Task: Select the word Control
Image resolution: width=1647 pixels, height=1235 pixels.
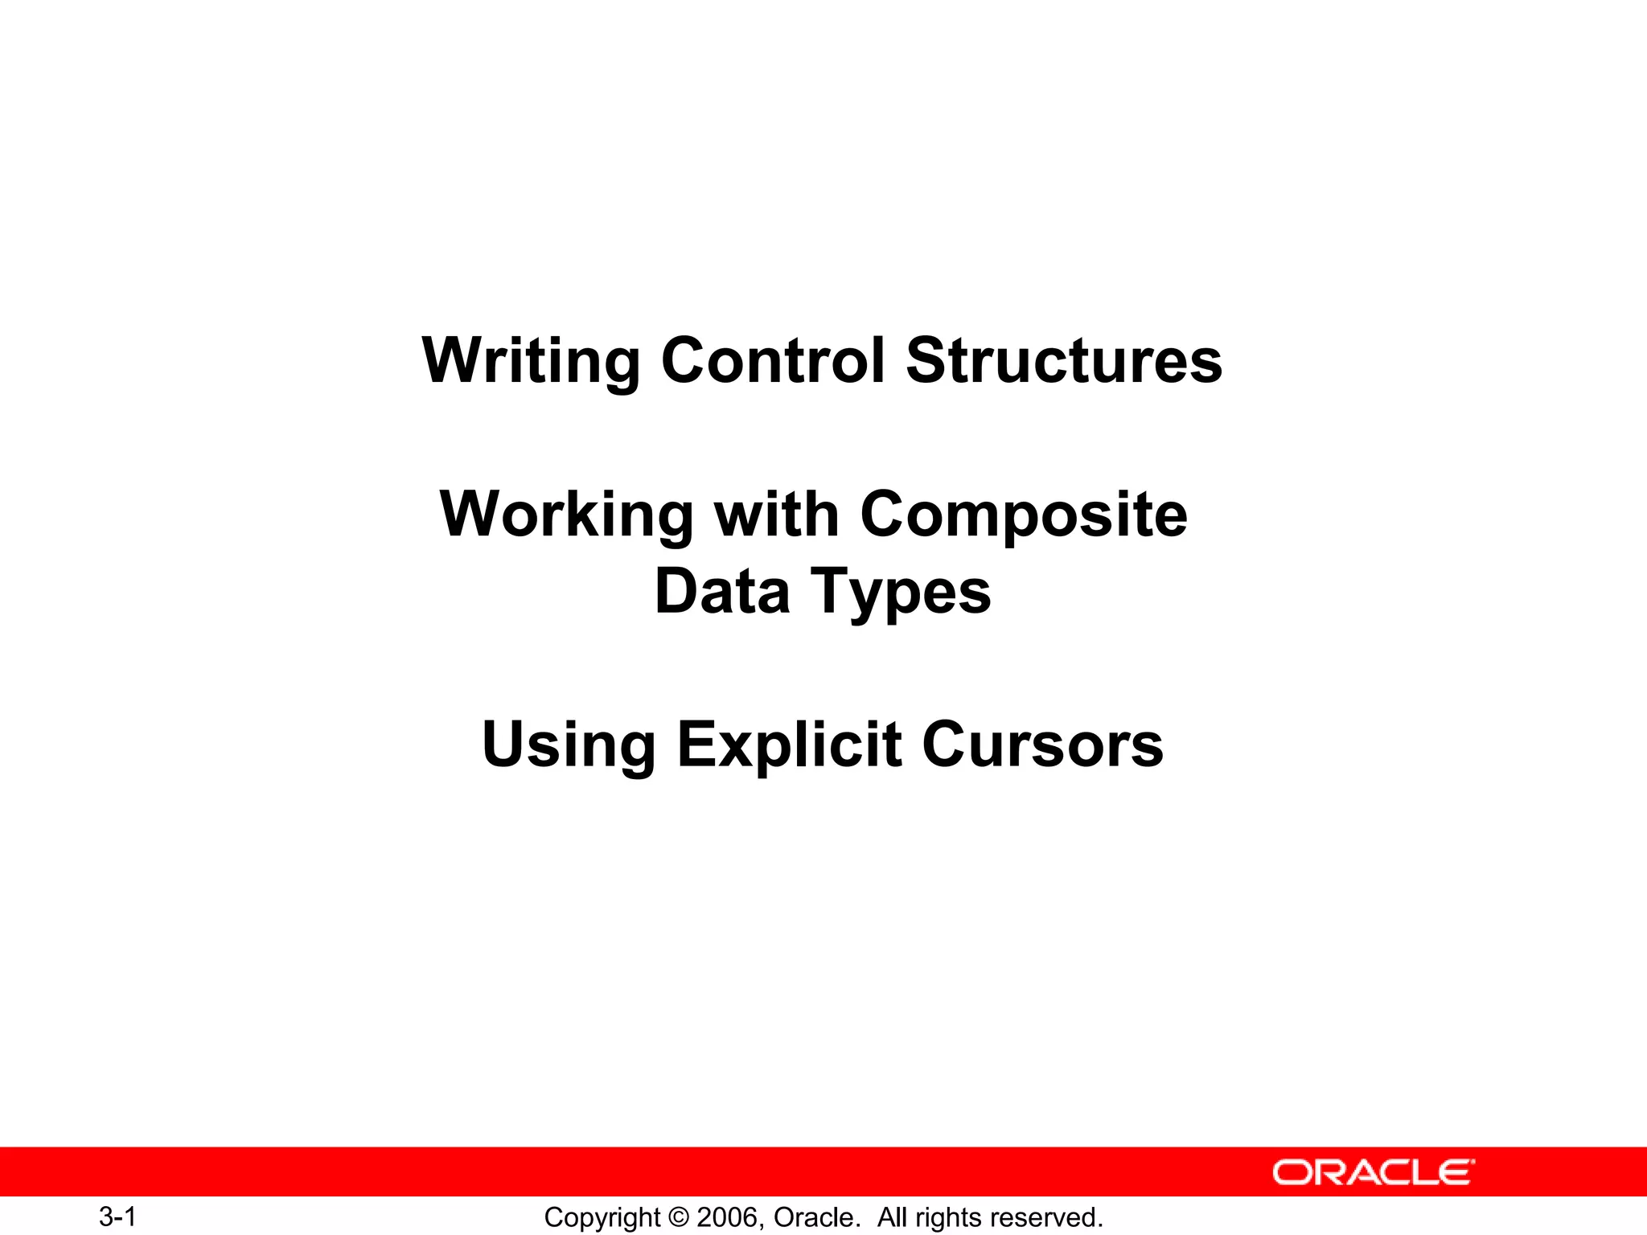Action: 773,360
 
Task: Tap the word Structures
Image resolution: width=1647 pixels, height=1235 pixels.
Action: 1063,360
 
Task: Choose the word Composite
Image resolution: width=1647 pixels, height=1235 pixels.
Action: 1023,515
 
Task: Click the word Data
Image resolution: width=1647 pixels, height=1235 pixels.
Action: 722,591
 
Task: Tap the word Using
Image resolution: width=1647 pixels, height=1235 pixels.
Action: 569,746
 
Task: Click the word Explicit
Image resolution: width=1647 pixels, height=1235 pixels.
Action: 789,746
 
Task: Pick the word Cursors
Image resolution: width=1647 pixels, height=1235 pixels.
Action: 1042,745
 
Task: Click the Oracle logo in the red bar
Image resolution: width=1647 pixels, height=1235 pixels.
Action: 1373,1172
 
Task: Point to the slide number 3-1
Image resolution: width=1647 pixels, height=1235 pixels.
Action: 117,1217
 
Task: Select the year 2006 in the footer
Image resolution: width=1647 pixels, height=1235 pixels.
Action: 726,1217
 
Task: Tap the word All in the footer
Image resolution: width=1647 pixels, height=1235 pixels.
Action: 892,1217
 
